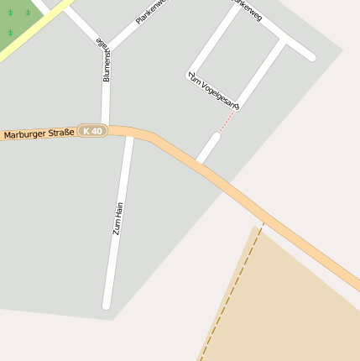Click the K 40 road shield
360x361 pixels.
(92, 131)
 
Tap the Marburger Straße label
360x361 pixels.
(39, 133)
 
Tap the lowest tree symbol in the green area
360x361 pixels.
(10, 33)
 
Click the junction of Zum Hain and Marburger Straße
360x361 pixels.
(128, 132)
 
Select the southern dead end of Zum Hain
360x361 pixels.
(107, 305)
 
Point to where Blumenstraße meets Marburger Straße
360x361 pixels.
(105, 128)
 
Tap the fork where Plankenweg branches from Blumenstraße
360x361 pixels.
(107, 49)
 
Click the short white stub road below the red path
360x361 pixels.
(208, 147)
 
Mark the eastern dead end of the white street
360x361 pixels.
(311, 57)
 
